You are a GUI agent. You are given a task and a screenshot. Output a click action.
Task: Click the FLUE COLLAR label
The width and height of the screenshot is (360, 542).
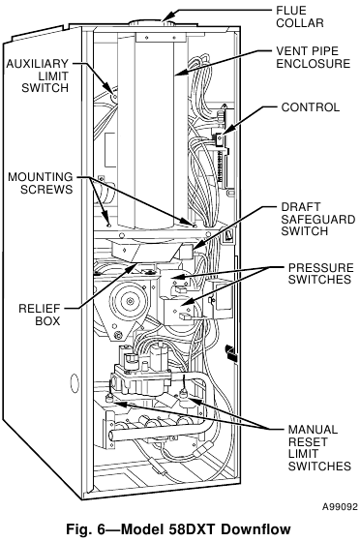tap(300, 16)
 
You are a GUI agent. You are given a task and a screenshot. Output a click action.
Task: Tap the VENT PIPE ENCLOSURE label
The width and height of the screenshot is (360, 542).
tap(313, 57)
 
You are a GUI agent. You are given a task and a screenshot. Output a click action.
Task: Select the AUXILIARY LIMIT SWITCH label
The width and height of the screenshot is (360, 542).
tap(38, 75)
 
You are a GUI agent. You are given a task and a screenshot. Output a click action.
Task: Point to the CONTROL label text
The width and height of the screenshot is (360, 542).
tap(311, 107)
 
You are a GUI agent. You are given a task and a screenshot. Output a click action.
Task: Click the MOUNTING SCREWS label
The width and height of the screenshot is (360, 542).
tap(41, 183)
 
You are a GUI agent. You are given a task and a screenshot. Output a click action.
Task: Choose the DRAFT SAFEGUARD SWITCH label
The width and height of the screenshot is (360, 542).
tap(318, 219)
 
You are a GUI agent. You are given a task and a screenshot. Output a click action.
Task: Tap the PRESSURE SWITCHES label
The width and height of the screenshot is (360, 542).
tap(321, 273)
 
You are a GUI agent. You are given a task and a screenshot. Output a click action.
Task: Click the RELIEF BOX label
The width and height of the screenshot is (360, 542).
tap(40, 315)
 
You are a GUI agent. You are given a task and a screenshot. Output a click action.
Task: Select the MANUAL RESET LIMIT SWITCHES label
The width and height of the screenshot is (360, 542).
tap(319, 447)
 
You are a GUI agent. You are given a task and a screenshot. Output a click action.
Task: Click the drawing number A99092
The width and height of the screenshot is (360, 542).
tap(340, 507)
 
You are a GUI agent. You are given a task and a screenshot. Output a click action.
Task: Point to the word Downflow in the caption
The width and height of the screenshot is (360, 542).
tap(255, 529)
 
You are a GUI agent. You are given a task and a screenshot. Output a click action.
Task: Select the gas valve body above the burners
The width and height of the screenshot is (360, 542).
tap(141, 379)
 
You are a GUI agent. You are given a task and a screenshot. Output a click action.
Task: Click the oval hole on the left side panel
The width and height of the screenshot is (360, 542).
tap(75, 383)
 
